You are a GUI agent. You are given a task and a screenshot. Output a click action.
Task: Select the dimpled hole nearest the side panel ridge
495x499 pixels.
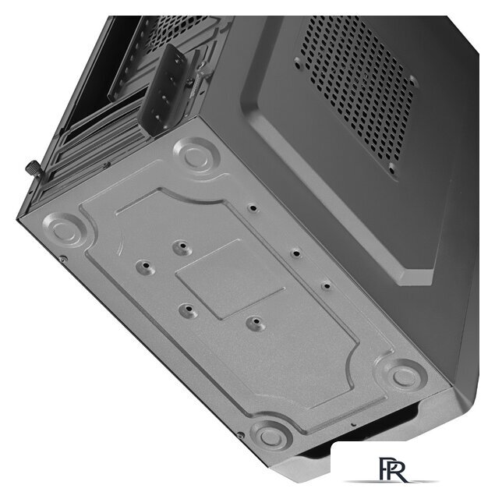tap(325, 285)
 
